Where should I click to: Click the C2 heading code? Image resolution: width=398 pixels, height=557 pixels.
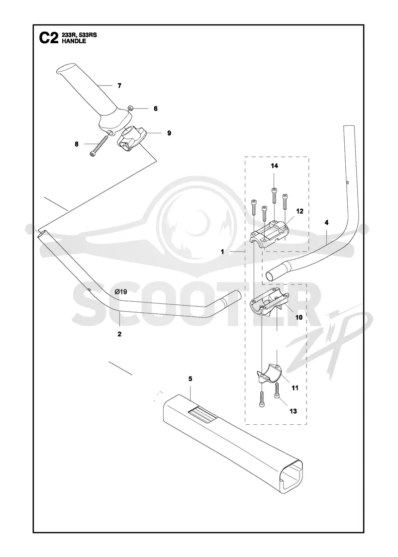tap(48, 38)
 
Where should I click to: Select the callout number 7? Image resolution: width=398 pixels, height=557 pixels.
tap(119, 86)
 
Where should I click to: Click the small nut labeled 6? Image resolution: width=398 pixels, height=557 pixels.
tap(130, 108)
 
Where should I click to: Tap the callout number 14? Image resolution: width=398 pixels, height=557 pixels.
tap(274, 166)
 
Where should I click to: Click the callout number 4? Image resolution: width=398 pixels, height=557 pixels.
tap(326, 223)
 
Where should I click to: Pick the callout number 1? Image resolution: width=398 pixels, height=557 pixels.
tap(222, 252)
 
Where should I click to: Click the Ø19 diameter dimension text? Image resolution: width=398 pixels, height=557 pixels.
tap(121, 292)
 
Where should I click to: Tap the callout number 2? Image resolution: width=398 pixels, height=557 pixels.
tap(119, 334)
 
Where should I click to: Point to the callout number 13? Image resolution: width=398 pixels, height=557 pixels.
tap(293, 411)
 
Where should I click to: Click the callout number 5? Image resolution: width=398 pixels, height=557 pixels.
tap(190, 378)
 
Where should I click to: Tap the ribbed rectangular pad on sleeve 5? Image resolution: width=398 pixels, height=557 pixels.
tap(201, 414)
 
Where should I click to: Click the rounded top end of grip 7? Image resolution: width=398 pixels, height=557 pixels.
tap(64, 69)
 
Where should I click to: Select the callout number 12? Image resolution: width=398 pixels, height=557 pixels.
tap(299, 211)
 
